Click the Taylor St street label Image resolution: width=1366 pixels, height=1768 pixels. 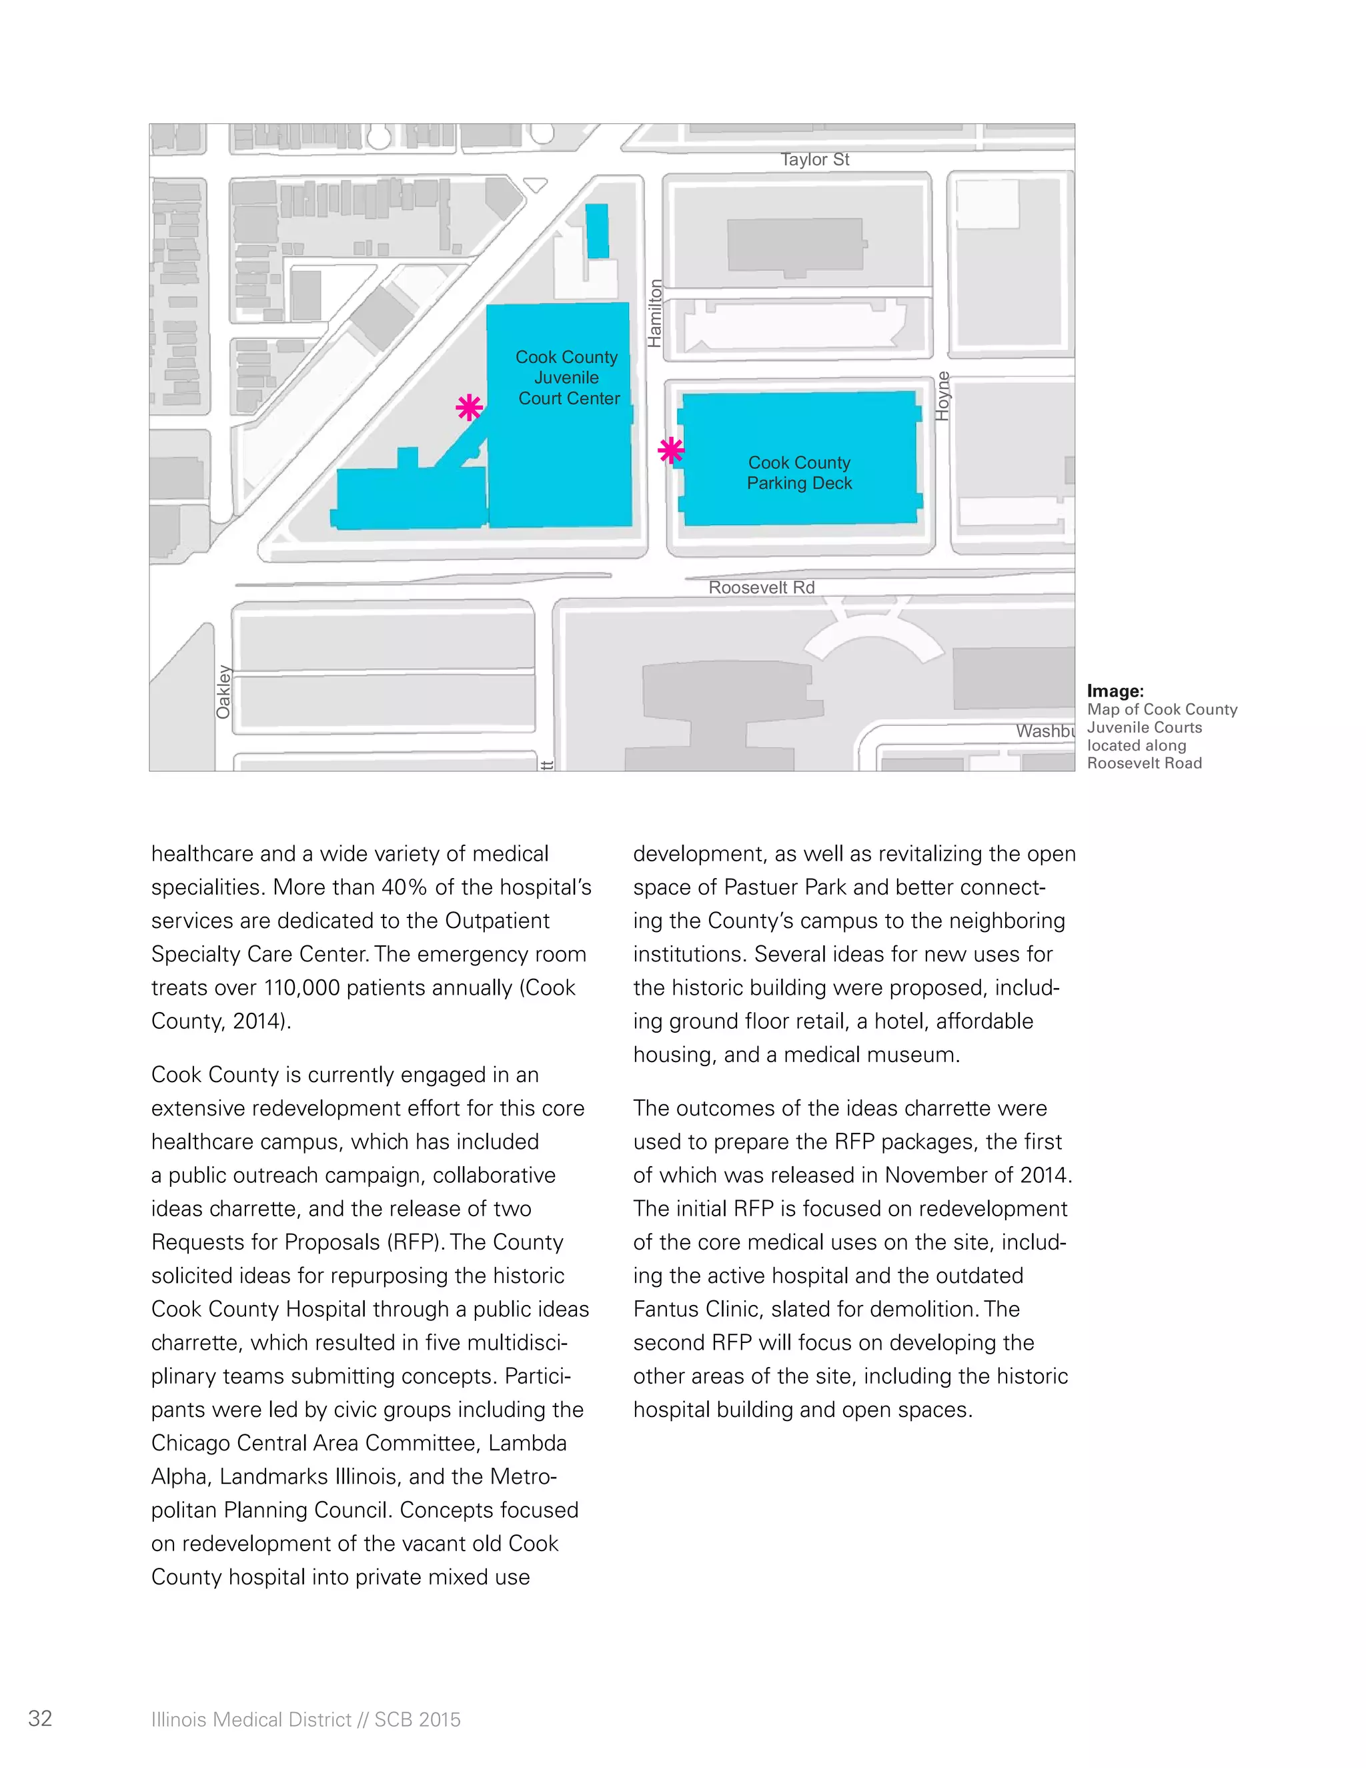[814, 159]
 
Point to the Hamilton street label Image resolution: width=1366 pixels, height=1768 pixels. [655, 314]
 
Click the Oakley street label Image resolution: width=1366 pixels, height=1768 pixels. [223, 692]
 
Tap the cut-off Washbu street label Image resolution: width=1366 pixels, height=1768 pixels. [1045, 731]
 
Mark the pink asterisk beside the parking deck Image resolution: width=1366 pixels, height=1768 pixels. [671, 450]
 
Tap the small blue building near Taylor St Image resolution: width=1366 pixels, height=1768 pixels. [597, 232]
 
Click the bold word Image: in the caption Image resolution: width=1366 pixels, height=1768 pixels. [1115, 691]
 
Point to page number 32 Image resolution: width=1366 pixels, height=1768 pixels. [41, 1719]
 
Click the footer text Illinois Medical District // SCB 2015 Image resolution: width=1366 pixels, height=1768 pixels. [306, 1719]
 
